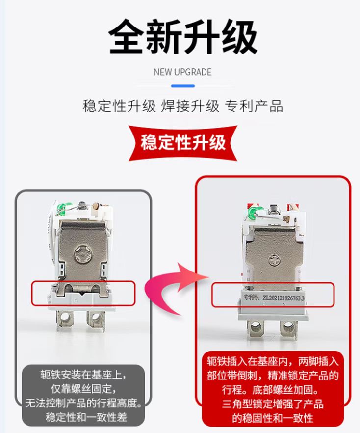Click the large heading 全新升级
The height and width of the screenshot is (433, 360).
pos(182,37)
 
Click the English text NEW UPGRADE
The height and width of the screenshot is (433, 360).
pos(182,72)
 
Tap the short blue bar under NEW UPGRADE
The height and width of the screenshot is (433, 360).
pos(182,86)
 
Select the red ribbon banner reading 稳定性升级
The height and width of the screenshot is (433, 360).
pos(182,143)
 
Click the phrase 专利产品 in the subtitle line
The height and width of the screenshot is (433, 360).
pos(254,106)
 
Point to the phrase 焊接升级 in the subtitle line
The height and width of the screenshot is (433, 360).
pos(190,106)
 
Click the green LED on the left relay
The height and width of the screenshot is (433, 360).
pos(61,209)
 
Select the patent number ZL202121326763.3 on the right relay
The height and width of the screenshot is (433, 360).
pos(283,298)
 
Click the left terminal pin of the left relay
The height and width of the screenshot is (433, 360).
pos(65,320)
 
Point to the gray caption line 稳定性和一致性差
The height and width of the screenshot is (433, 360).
pos(86,417)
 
